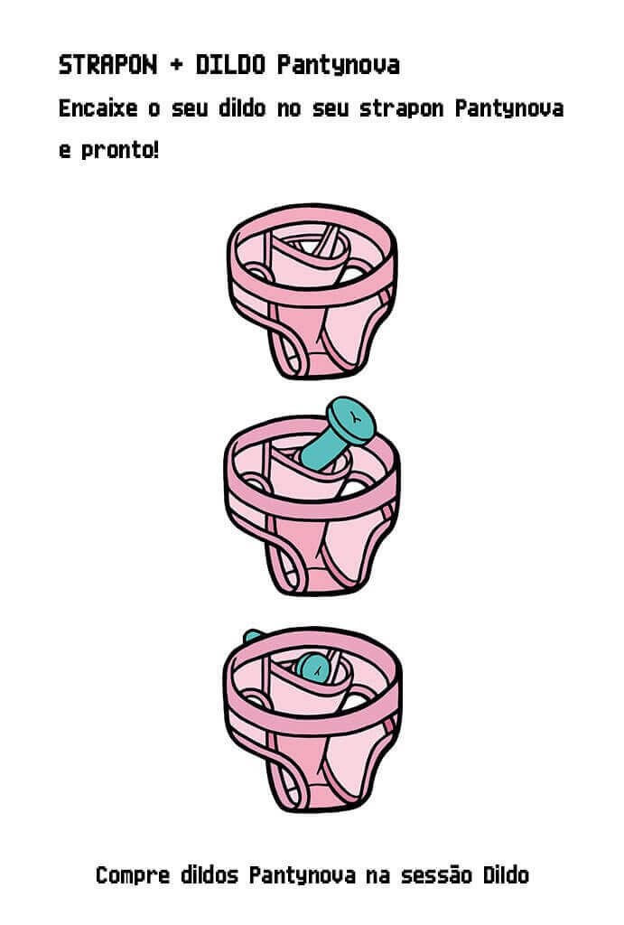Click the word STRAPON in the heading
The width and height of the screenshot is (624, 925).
(x=108, y=65)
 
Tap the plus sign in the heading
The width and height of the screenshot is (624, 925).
(x=176, y=65)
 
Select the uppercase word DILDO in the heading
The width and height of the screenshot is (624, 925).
(x=230, y=65)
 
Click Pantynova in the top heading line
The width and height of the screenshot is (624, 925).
(x=339, y=66)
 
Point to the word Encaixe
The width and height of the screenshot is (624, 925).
(x=98, y=108)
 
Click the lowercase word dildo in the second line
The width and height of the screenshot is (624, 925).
(x=242, y=108)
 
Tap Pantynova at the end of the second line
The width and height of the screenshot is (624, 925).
(x=509, y=109)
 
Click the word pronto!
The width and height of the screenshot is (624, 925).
(x=120, y=152)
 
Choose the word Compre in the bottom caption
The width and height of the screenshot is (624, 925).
(x=133, y=875)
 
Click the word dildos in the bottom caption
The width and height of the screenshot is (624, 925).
(x=210, y=874)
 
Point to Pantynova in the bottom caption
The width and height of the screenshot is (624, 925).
(x=302, y=876)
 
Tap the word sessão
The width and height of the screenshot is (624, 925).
(x=436, y=874)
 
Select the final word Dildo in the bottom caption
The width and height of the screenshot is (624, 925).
(x=506, y=874)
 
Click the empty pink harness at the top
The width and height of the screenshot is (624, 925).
(x=312, y=291)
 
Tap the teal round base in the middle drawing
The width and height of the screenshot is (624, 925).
(x=351, y=420)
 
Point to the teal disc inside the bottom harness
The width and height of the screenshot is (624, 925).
(x=313, y=668)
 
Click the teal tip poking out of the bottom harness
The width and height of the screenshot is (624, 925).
(x=253, y=636)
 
